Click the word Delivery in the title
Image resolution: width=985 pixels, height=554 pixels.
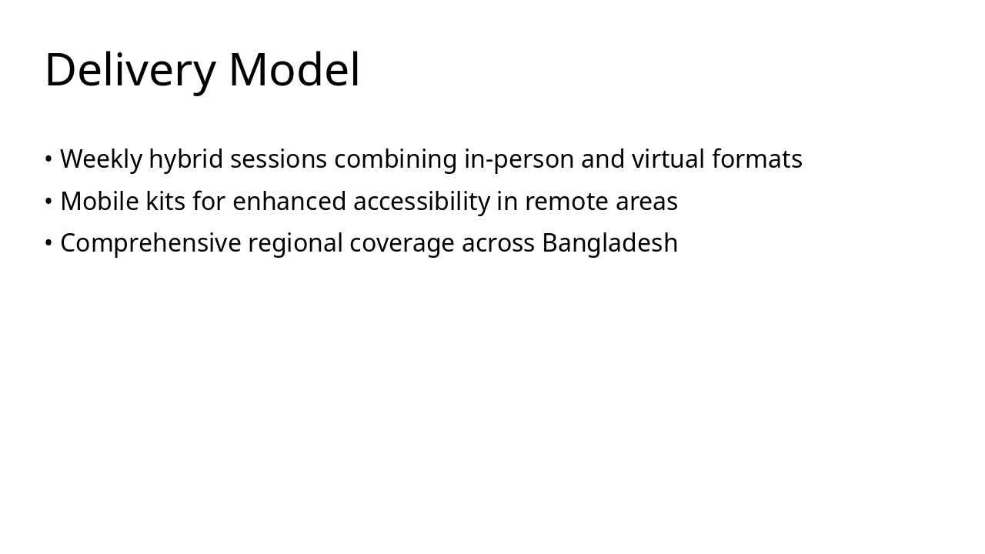pyautogui.click(x=130, y=70)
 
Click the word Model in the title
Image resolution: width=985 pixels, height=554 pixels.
pyautogui.click(x=294, y=70)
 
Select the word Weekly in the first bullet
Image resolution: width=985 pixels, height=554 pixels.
pyautogui.click(x=101, y=159)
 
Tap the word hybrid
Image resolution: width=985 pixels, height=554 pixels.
pyautogui.click(x=186, y=159)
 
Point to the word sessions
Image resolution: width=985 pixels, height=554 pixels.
pyautogui.click(x=279, y=159)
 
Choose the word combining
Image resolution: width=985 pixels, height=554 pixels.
pyautogui.click(x=396, y=159)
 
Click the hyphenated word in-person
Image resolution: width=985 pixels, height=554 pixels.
pyautogui.click(x=519, y=159)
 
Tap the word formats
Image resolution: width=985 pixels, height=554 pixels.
pyautogui.click(x=756, y=159)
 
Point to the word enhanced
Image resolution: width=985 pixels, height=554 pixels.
pyautogui.click(x=289, y=202)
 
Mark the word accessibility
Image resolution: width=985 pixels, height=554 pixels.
pyautogui.click(x=421, y=202)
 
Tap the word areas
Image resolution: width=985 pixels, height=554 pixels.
pyautogui.click(x=646, y=202)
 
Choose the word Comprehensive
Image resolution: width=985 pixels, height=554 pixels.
pyautogui.click(x=150, y=243)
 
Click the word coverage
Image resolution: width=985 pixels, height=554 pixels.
pyautogui.click(x=402, y=243)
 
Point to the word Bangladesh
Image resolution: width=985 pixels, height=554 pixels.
pyautogui.click(x=609, y=243)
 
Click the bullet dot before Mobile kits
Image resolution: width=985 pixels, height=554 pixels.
pyautogui.click(x=48, y=202)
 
